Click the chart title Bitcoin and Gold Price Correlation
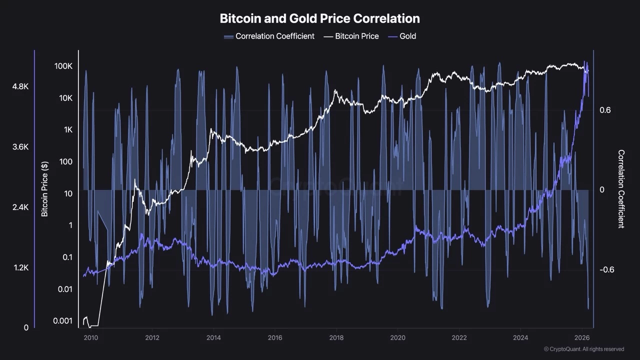(319, 18)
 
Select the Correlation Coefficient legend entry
(269, 36)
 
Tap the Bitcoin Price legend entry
(351, 36)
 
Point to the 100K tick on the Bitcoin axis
(63, 66)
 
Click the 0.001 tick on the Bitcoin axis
(63, 320)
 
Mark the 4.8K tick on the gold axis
(20, 86)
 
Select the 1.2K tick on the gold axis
(20, 267)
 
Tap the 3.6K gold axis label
(20, 147)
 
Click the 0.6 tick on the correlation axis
(605, 110)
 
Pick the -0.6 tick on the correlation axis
(606, 269)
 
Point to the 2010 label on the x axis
(90, 337)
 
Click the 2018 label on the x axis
(336, 337)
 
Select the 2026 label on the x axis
(581, 337)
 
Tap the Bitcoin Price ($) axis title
(44, 189)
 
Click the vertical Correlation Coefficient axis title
(621, 189)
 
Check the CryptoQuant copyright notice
(583, 349)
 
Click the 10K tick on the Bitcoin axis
(65, 98)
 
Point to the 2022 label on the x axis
(459, 337)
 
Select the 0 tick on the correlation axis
(602, 189)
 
